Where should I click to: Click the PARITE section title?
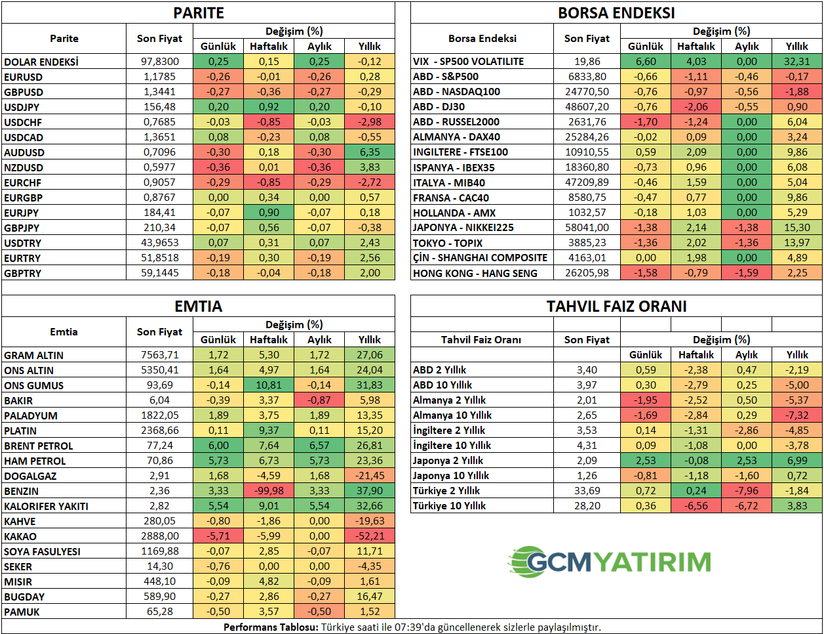pos(198,13)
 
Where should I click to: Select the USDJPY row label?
pos(22,107)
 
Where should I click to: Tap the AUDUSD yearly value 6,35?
pos(370,152)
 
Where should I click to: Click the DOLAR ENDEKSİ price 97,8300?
pos(160,62)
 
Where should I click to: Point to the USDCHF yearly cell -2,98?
pos(370,122)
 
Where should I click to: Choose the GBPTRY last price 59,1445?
pos(160,273)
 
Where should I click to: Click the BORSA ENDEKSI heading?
pos(616,13)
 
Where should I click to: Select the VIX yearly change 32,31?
pos(796,62)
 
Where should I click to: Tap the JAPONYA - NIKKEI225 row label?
pos(463,228)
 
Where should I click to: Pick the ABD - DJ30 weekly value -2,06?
pos(696,107)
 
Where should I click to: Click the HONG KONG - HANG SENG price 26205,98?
pos(587,273)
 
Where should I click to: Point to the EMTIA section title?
pos(198,306)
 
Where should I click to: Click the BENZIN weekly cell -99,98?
pos(269,491)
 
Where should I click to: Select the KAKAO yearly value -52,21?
pos(370,536)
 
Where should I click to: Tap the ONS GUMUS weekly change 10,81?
pos(269,385)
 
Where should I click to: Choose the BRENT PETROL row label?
pos(39,446)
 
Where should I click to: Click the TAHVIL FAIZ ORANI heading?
pos(616,306)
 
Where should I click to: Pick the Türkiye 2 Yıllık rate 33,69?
pos(587,491)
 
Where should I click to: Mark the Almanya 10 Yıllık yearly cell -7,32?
pos(796,415)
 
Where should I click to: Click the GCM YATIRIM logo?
pos(610,562)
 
